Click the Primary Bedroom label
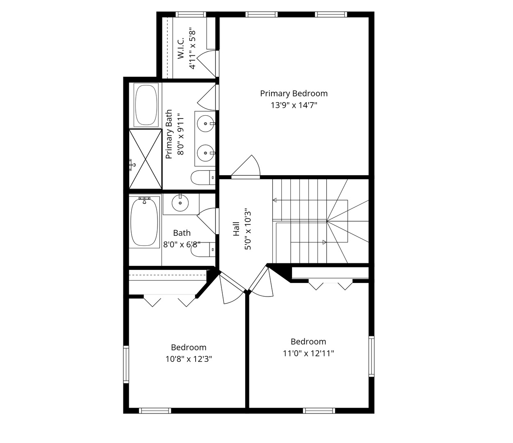[294, 94]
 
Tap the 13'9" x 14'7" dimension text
[294, 105]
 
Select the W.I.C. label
[181, 48]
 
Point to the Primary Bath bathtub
[146, 105]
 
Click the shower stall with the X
[146, 159]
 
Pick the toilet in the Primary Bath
[203, 178]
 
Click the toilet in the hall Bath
[203, 249]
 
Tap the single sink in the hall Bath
[180, 203]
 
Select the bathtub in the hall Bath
[144, 222]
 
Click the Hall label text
[236, 229]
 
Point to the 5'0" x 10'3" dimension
[248, 229]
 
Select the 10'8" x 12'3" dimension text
[189, 359]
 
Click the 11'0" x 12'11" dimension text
[308, 353]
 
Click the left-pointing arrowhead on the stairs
[274, 200]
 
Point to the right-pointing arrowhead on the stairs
[324, 242]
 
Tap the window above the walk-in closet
[191, 14]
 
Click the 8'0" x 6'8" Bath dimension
[182, 244]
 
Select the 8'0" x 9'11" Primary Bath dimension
[181, 134]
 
